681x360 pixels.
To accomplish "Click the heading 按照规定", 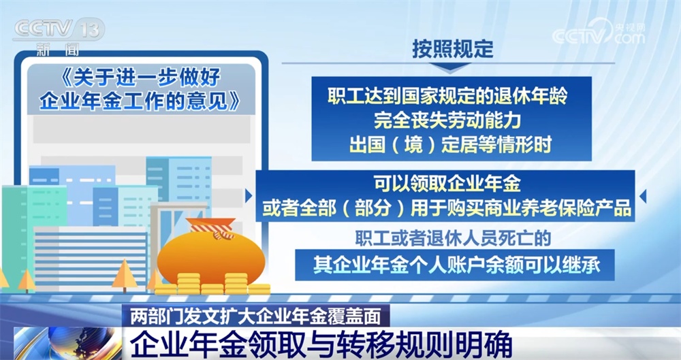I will [452, 49].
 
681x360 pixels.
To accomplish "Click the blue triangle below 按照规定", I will [452, 69].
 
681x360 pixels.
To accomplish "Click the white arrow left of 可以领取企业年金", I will [249, 195].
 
